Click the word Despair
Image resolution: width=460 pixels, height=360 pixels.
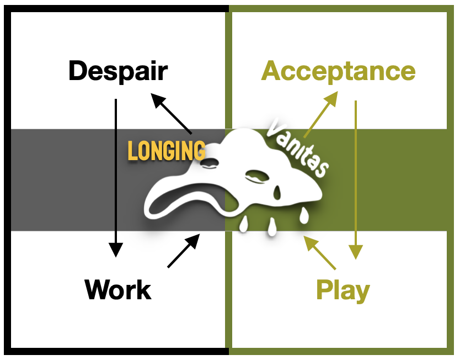click(118, 72)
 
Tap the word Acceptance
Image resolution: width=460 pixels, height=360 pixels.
click(338, 72)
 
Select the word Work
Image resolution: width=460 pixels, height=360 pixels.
click(118, 289)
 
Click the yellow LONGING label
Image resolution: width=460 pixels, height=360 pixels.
click(167, 150)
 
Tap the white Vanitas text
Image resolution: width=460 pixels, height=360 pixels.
click(298, 148)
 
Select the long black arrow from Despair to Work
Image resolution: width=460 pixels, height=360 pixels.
click(116, 178)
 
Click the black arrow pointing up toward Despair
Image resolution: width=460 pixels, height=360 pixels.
click(171, 114)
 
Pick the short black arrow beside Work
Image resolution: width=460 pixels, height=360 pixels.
click(184, 251)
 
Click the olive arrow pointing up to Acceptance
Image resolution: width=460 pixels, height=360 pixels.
click(320, 114)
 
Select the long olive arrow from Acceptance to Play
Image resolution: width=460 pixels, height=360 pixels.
click(356, 179)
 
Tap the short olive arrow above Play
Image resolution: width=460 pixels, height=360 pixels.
click(320, 252)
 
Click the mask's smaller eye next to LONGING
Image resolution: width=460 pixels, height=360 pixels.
click(210, 163)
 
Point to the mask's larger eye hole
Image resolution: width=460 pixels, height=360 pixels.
click(257, 177)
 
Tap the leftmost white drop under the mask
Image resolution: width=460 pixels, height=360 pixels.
click(243, 225)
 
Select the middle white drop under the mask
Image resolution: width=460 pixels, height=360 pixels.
click(272, 227)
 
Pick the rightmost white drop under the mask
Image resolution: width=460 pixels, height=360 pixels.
click(304, 215)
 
